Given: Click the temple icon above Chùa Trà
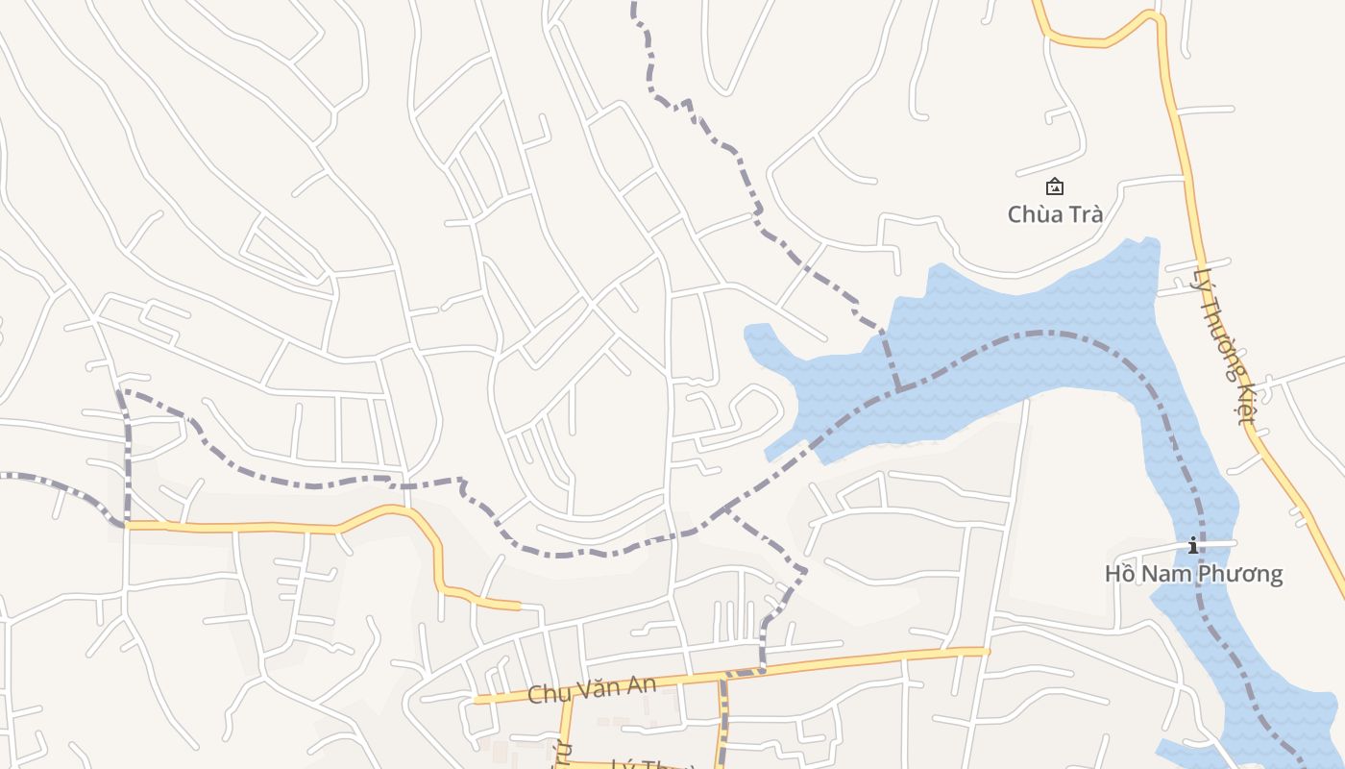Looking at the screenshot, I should [x=1054, y=186].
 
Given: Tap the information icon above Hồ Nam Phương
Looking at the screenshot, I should [x=1193, y=546].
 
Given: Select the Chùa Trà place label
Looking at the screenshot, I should [x=1054, y=213].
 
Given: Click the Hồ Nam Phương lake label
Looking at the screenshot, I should [x=1193, y=574].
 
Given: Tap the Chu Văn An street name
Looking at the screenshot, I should [x=593, y=688].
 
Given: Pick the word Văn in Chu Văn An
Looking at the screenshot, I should [x=599, y=688].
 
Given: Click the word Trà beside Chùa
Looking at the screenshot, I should [x=1083, y=213].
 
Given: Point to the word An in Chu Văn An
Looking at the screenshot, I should [x=642, y=683].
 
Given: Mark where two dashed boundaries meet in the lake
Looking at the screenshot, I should [x=899, y=389].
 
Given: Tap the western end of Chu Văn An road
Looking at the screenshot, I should [x=477, y=701].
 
